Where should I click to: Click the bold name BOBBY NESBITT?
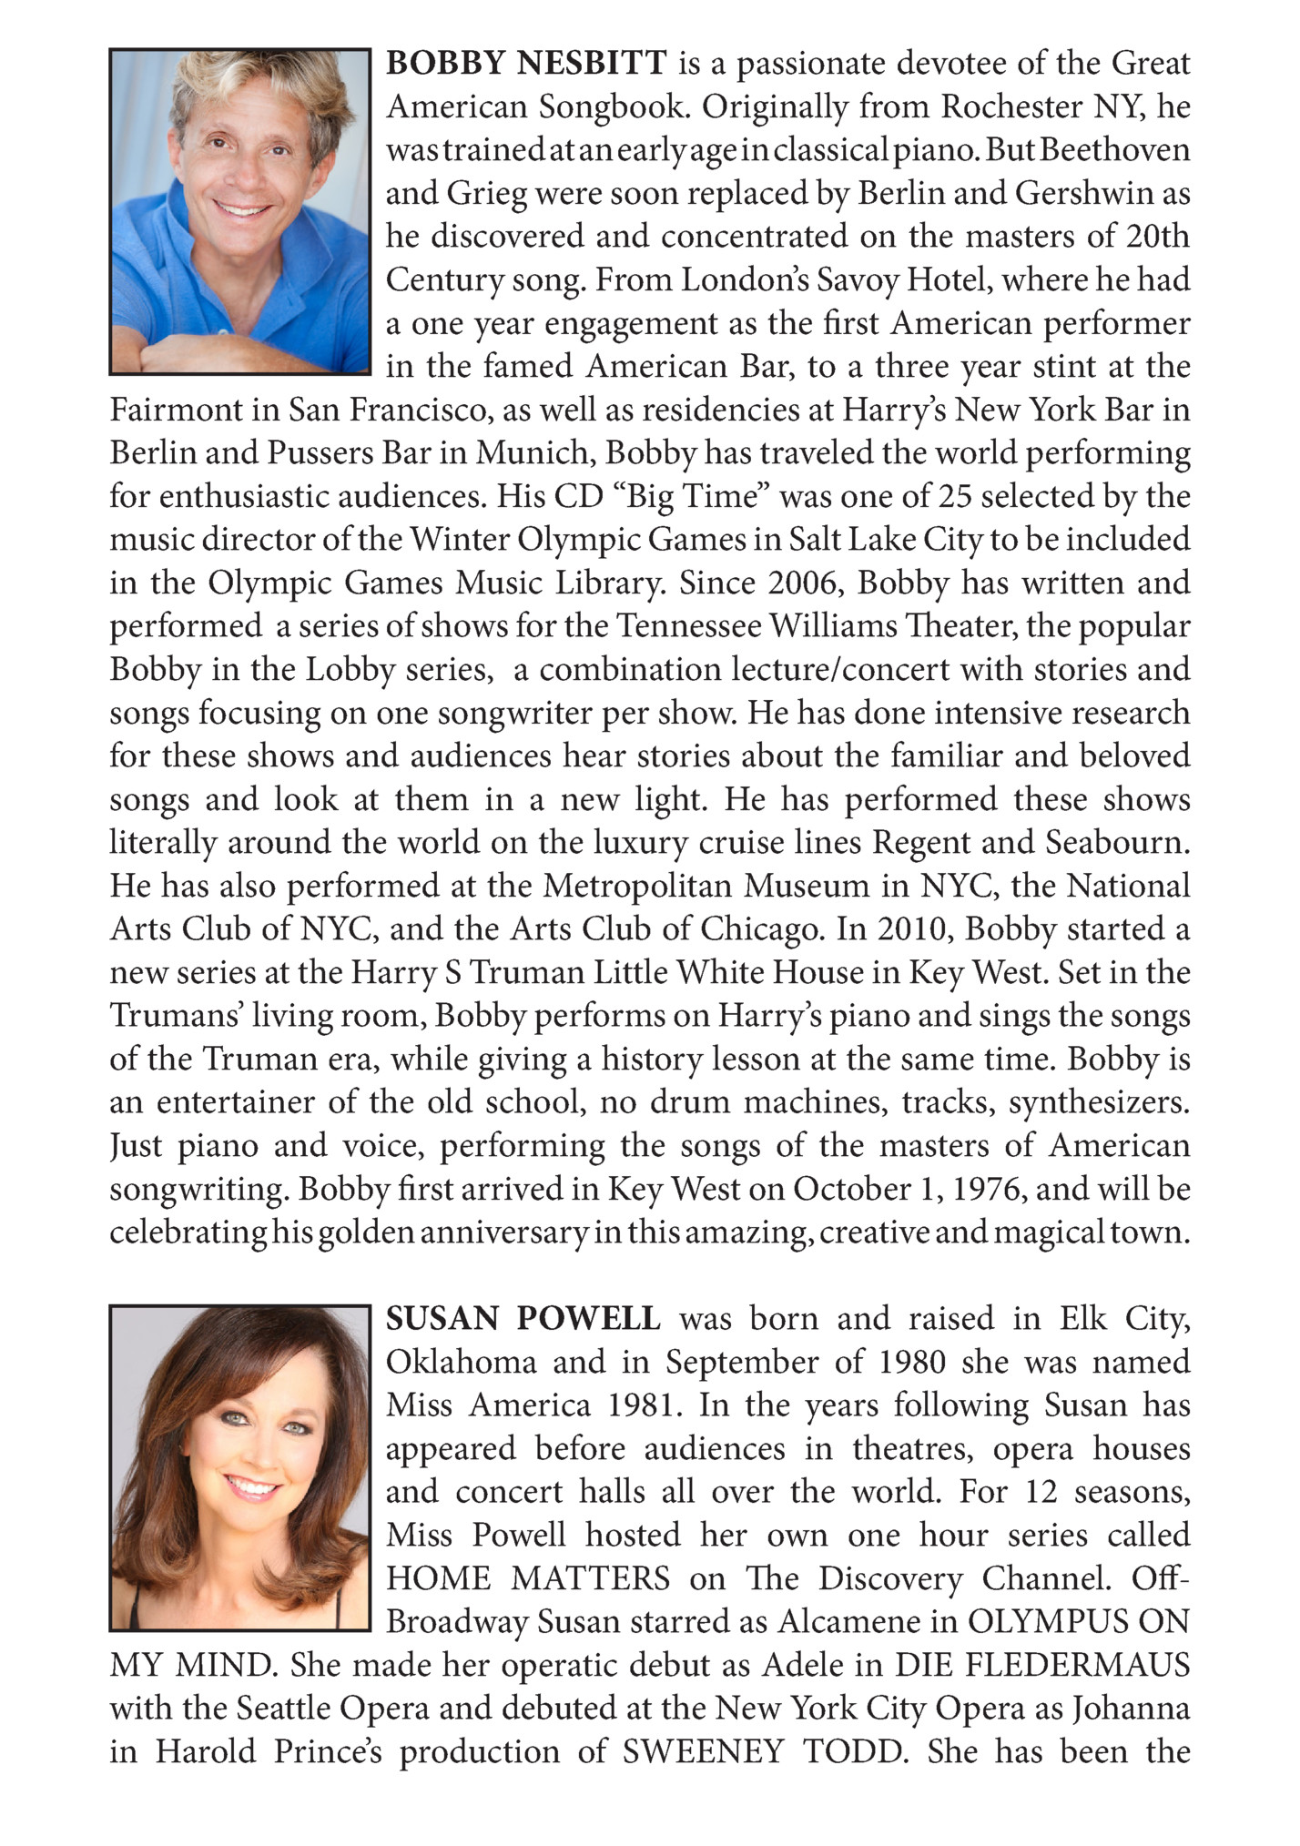point(527,64)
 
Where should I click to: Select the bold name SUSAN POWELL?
point(523,1318)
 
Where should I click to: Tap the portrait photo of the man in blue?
point(240,211)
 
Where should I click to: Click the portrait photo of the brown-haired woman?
point(240,1467)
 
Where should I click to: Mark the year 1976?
point(990,1189)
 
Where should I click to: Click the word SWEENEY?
point(702,1751)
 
